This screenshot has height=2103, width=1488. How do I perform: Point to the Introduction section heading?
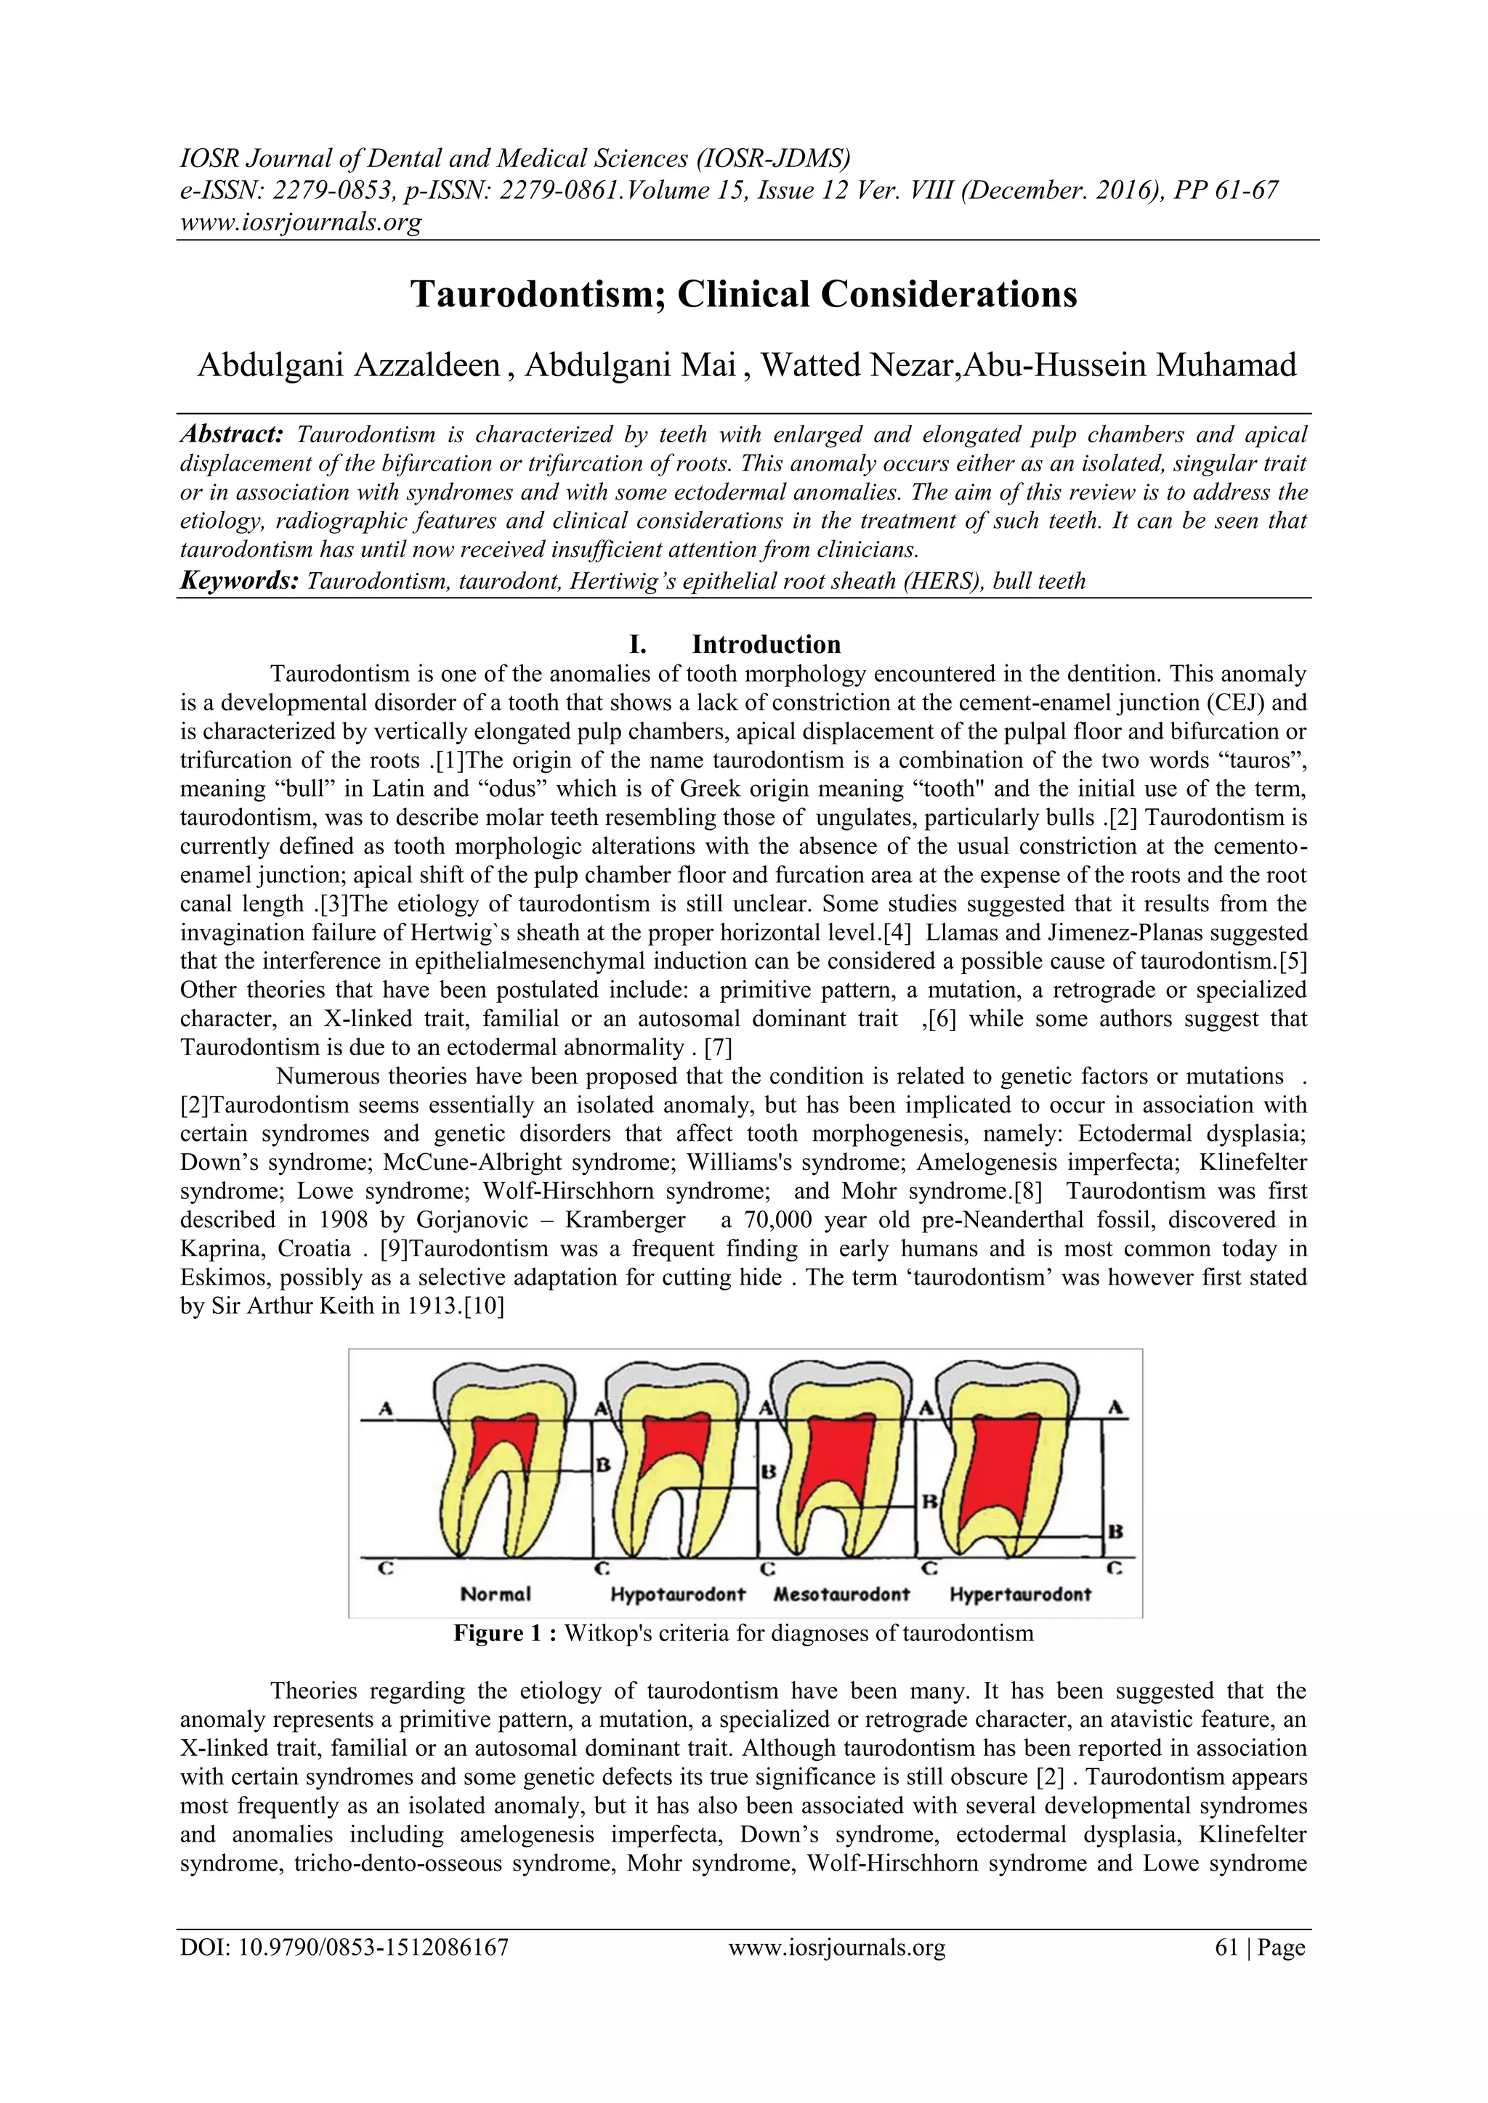[x=766, y=644]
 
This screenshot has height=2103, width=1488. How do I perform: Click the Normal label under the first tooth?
[x=496, y=1595]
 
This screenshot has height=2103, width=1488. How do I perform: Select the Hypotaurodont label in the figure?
[x=678, y=1595]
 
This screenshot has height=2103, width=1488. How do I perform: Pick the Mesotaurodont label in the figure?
[x=842, y=1595]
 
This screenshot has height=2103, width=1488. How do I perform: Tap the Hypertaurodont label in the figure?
[x=1021, y=1595]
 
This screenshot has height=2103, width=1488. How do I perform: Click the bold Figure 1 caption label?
[x=506, y=1633]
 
